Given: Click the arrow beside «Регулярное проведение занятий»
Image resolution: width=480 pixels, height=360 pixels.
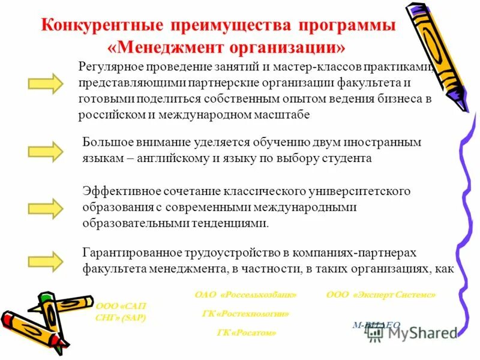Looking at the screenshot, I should tap(46, 83).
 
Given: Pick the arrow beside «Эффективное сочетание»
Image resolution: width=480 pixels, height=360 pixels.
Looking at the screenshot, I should tap(46, 208).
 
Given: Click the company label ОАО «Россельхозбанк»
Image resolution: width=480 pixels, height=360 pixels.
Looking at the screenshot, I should tap(246, 295).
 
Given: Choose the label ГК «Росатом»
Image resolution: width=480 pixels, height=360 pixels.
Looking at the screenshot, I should tap(247, 332).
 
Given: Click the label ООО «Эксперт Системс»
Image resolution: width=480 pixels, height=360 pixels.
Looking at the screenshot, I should tap(381, 295).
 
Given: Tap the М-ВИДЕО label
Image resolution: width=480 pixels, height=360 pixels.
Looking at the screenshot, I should tap(376, 325).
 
